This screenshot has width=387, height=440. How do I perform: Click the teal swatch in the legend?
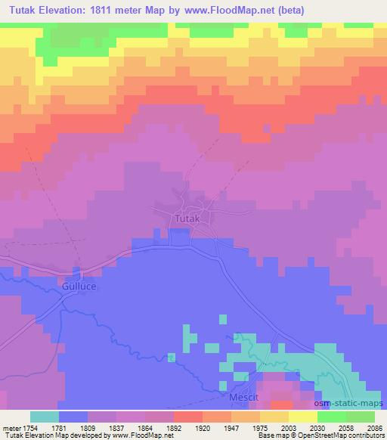tap(45, 416)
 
